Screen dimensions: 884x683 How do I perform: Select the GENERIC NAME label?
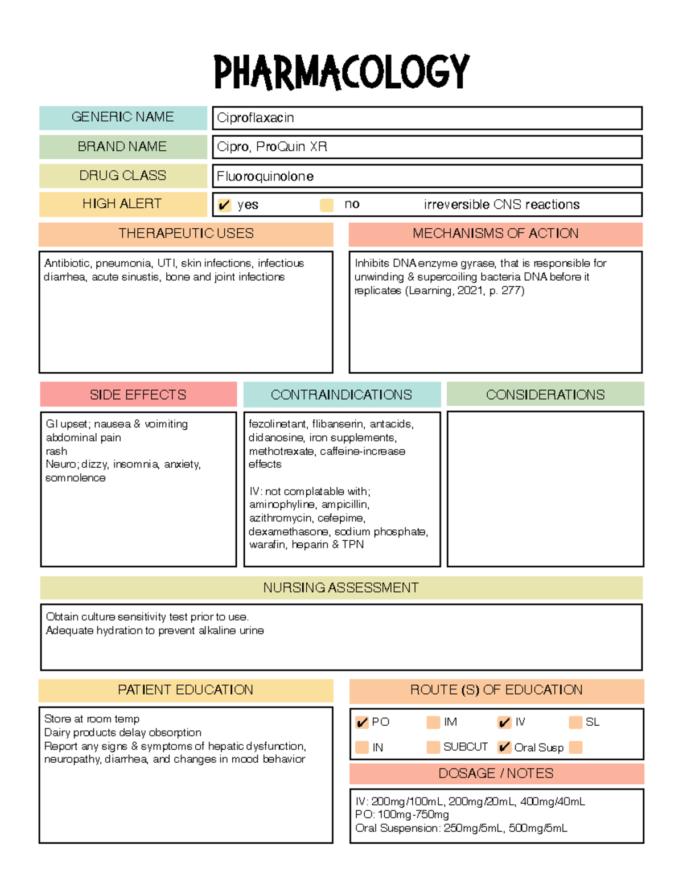122,117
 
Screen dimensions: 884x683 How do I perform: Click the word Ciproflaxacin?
256,118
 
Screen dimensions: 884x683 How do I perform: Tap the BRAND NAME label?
122,147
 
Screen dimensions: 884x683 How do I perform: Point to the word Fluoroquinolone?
265,176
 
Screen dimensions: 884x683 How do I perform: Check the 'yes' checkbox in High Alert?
224,205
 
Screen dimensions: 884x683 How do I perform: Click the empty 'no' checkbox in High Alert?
327,205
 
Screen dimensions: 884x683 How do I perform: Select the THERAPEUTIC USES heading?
186,233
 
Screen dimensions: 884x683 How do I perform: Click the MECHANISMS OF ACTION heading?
495,233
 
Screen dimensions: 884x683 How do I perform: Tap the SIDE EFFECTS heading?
138,394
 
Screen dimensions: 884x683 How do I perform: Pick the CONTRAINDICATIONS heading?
341,394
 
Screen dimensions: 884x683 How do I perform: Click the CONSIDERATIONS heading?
545,394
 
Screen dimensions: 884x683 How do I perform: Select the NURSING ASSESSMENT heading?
341,587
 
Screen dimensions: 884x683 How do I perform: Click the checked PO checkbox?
362,722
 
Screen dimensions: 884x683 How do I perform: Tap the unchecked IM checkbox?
433,722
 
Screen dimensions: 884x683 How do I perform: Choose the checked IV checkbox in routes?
504,722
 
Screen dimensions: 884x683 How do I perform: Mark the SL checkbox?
575,722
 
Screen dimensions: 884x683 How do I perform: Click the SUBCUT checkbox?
433,747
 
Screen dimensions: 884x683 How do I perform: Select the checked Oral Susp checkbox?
504,747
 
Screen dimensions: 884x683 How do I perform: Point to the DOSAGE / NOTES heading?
496,774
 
